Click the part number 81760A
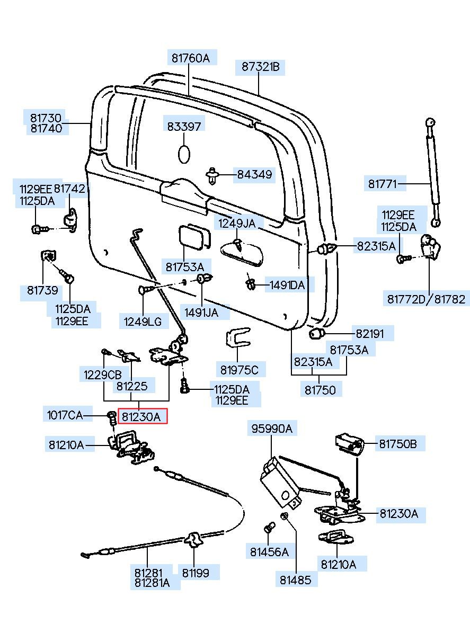click(x=190, y=58)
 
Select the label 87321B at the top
click(x=260, y=67)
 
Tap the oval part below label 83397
click(x=184, y=154)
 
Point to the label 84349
click(x=254, y=174)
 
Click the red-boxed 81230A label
click(x=141, y=416)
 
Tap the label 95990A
click(x=271, y=429)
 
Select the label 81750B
click(x=398, y=444)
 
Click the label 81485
click(x=296, y=579)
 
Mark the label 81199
click(x=196, y=573)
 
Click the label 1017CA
click(x=65, y=415)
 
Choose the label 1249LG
click(x=143, y=321)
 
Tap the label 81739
click(x=43, y=290)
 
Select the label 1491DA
click(x=287, y=285)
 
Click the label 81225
click(x=132, y=386)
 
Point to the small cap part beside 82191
click(x=316, y=334)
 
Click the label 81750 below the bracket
click(x=320, y=390)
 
